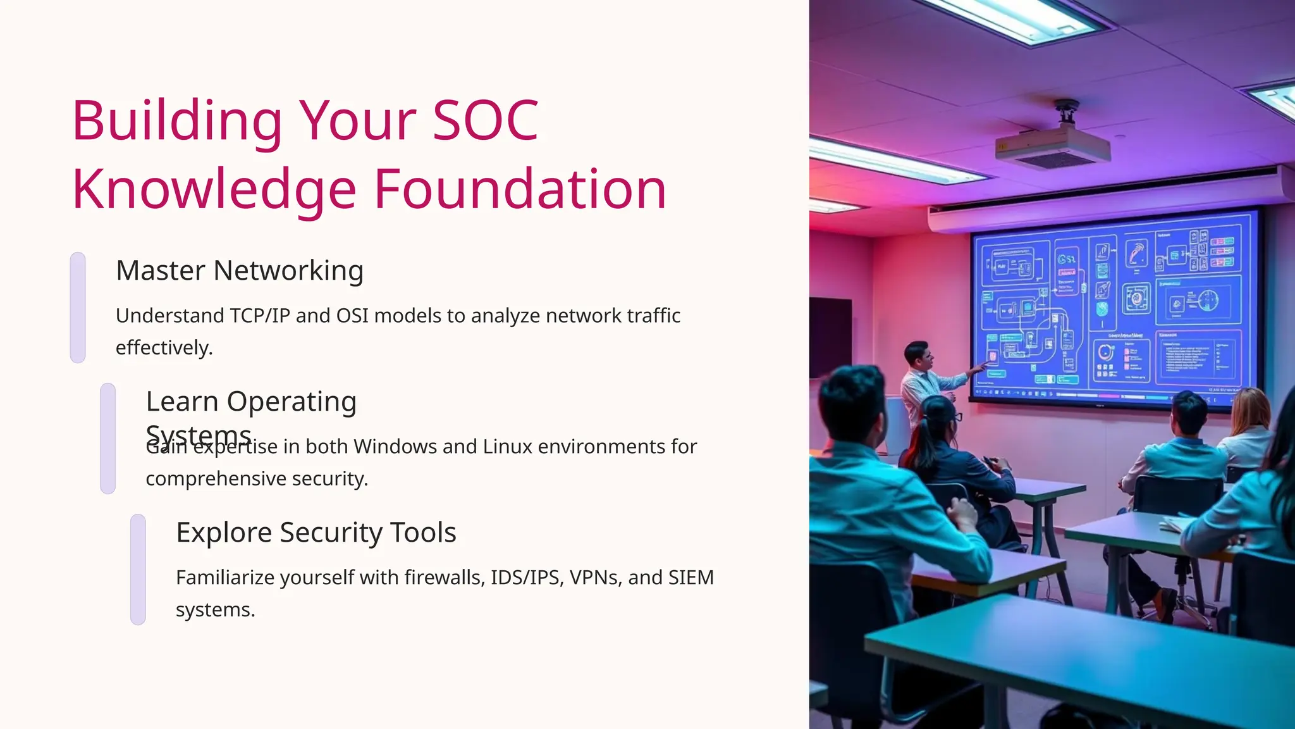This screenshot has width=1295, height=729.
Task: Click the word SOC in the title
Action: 485,120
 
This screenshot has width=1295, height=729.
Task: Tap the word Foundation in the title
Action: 520,189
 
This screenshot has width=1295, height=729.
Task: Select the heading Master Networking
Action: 240,270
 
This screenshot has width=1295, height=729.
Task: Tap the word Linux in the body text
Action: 508,446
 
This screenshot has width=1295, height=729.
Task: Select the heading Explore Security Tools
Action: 316,532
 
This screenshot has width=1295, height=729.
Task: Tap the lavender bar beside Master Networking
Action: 78,308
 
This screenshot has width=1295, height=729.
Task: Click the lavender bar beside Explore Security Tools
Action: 138,570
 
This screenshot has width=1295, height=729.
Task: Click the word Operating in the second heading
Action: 292,401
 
